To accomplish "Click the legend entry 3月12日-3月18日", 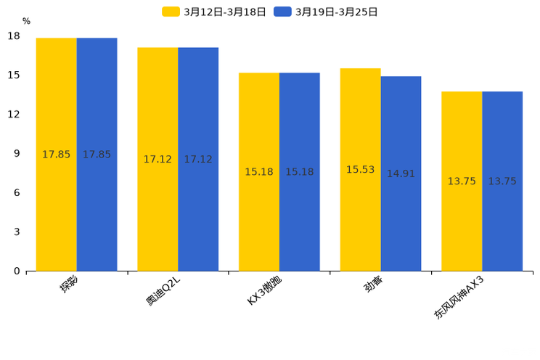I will pyautogui.click(x=214, y=12).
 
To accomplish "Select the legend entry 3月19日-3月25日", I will pyautogui.click(x=326, y=12).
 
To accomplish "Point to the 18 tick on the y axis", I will pyautogui.click(x=14, y=36).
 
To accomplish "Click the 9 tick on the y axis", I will pyautogui.click(x=17, y=154).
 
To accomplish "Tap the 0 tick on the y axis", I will pyautogui.click(x=17, y=271).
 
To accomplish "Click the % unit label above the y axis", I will pyautogui.click(x=26, y=22).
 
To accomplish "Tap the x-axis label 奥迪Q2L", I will pyautogui.click(x=163, y=290).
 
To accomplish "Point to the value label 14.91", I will pyautogui.click(x=401, y=174).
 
